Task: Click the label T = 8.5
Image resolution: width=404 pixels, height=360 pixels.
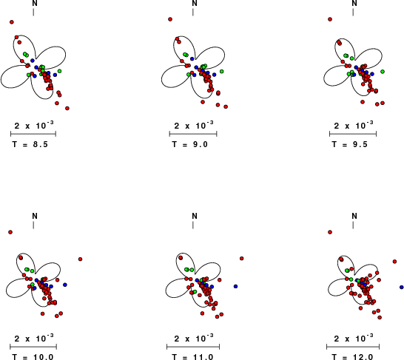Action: pos(30,144)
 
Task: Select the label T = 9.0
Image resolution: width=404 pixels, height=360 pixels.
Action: pos(190,144)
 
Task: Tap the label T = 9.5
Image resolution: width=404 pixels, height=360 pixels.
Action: pos(350,144)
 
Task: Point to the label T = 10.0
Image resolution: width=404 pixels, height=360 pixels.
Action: pos(33,357)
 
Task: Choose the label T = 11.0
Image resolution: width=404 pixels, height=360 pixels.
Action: pos(192,357)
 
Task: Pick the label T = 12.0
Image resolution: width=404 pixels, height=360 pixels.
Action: pos(352,357)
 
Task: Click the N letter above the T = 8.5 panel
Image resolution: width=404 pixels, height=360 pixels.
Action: pos(35,3)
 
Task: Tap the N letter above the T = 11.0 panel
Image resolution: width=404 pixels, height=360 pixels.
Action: pos(195,216)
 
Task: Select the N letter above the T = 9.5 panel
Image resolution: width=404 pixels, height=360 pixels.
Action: pos(354,3)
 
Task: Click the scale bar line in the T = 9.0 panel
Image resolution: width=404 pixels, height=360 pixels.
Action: pos(193,134)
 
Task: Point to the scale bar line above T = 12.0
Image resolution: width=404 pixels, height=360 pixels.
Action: pos(353,347)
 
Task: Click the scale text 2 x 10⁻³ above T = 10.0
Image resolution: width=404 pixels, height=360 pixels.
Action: pos(34,338)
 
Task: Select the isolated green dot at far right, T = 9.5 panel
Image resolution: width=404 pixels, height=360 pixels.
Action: pos(383,72)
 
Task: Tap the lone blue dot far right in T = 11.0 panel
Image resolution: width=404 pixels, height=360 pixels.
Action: pos(235,286)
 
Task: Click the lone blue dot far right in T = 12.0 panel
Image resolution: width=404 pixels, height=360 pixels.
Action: pos(402,287)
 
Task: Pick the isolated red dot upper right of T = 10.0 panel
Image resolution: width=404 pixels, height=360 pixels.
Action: pos(80,259)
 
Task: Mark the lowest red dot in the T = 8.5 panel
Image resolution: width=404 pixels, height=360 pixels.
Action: pos(67,109)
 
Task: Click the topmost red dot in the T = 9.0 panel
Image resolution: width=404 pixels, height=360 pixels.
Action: pos(170,19)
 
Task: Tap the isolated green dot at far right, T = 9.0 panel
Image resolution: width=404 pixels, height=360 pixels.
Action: pos(221,71)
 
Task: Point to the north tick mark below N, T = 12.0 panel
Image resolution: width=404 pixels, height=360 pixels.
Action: pos(353,225)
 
